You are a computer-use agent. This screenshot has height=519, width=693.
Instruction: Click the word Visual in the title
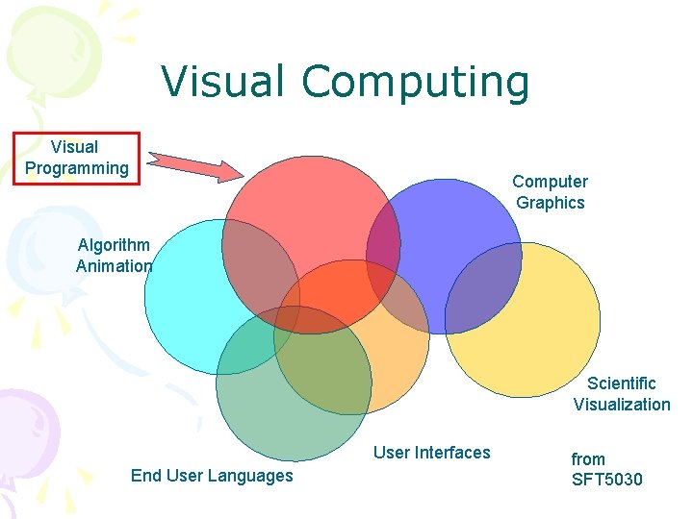pyautogui.click(x=223, y=82)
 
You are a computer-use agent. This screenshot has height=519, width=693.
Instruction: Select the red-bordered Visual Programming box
pyautogui.click(x=76, y=158)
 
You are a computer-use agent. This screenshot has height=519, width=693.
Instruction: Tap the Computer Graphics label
pyautogui.click(x=550, y=192)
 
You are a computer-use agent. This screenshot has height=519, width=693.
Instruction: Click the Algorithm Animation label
pyautogui.click(x=114, y=256)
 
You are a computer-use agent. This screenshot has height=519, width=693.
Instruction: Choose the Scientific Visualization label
pyautogui.click(x=622, y=394)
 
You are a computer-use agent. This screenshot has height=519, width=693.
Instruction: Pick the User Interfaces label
pyautogui.click(x=431, y=453)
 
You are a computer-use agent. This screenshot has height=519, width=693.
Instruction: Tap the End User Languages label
pyautogui.click(x=212, y=476)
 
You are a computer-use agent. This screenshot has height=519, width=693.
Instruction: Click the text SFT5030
pyautogui.click(x=606, y=480)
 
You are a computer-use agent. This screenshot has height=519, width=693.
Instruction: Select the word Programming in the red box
pyautogui.click(x=76, y=168)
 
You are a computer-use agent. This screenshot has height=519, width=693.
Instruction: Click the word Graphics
pyautogui.click(x=550, y=203)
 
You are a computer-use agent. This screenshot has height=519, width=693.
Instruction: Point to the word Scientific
pyautogui.click(x=622, y=383)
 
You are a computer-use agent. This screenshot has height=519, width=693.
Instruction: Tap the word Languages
pyautogui.click(x=253, y=476)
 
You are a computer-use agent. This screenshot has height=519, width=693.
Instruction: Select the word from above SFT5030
pyautogui.click(x=588, y=459)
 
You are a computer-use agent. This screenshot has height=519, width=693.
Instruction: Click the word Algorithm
pyautogui.click(x=114, y=245)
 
